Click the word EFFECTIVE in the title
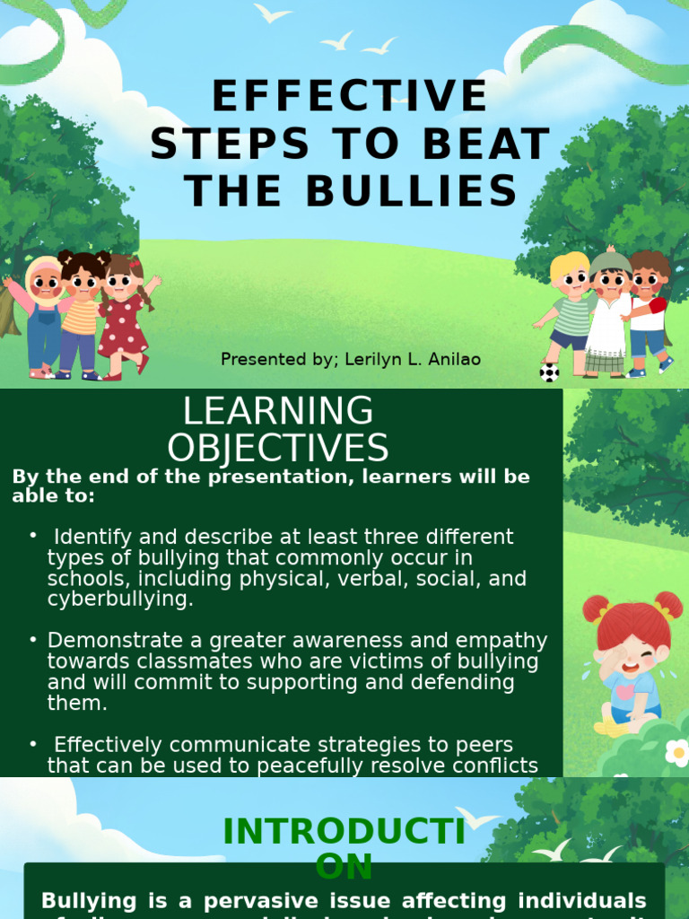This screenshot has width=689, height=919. pos(350,97)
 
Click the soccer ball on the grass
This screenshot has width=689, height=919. pos(549,372)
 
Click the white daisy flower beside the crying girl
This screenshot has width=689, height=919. pos(677,752)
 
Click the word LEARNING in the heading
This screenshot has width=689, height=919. pos(278,411)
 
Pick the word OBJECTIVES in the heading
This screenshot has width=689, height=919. pos(278,449)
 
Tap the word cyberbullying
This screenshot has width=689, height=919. pos(118,600)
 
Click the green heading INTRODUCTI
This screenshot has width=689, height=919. pos(344,832)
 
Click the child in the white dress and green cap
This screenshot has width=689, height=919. pos(610,314)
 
